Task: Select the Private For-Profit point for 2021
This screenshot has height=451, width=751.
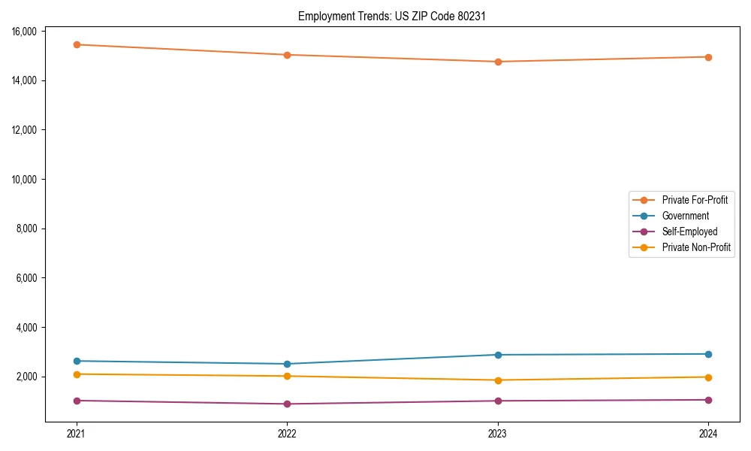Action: click(x=77, y=44)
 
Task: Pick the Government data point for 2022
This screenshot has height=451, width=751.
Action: click(x=287, y=364)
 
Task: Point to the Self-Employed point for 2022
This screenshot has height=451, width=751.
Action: click(x=287, y=404)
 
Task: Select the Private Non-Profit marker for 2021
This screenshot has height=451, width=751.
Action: click(x=77, y=374)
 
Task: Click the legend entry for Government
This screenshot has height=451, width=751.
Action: click(x=685, y=216)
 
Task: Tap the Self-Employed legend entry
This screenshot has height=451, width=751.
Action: click(x=689, y=232)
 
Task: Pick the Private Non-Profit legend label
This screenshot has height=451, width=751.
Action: click(x=696, y=247)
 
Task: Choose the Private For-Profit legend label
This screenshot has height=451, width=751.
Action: click(x=695, y=200)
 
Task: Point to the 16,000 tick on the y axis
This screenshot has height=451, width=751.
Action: click(x=26, y=31)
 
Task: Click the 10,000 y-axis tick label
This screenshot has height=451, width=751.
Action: click(x=26, y=179)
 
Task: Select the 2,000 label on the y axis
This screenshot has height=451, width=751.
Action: click(x=29, y=377)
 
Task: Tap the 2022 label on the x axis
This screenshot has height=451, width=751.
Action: click(x=287, y=433)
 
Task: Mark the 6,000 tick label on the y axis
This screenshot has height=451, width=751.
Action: click(x=29, y=278)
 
